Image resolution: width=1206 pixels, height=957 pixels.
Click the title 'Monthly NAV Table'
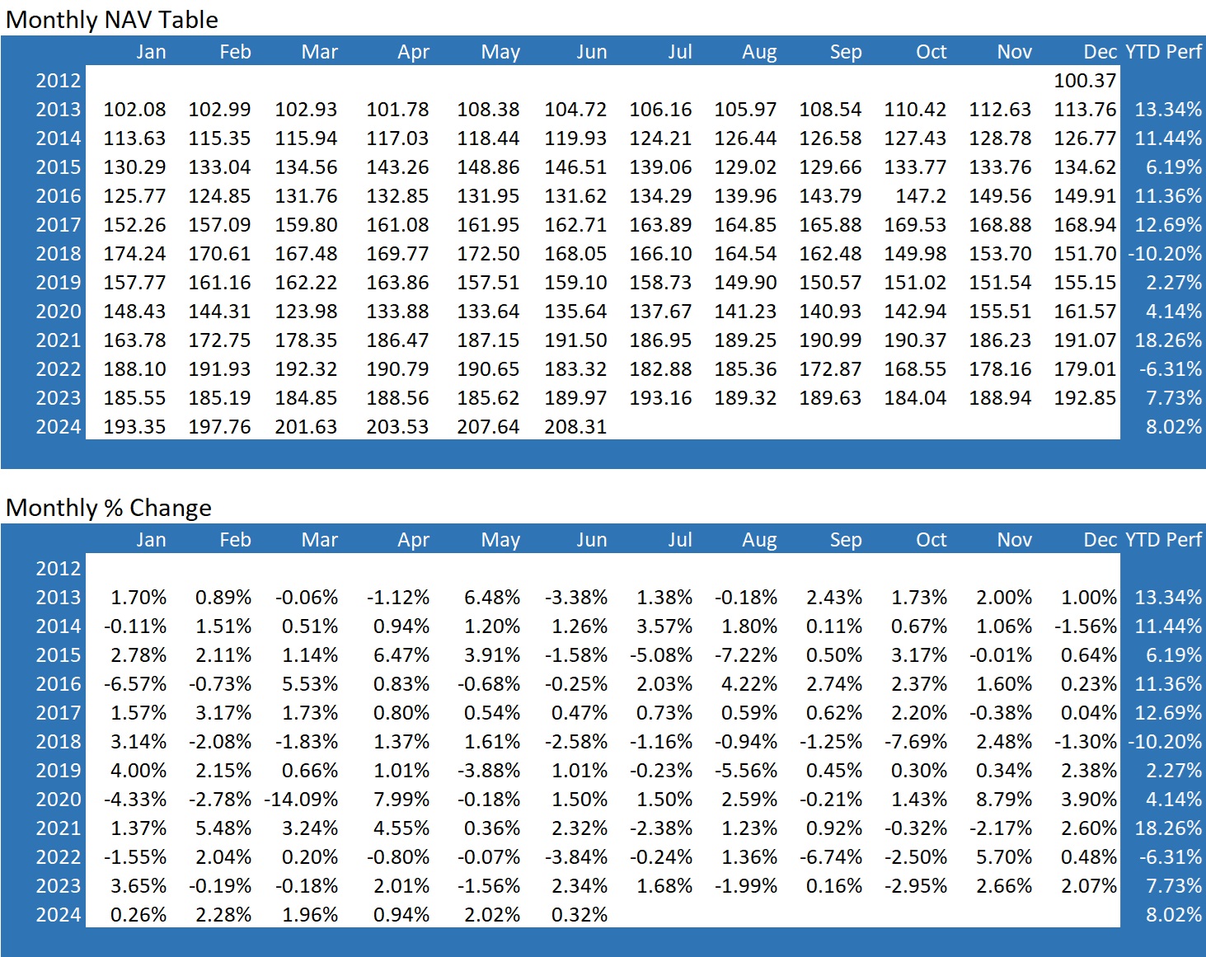(x=112, y=20)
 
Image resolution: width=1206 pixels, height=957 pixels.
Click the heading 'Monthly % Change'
(x=109, y=508)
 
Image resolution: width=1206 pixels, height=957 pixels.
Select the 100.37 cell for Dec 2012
(x=1085, y=81)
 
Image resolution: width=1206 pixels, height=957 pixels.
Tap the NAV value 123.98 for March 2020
(x=306, y=312)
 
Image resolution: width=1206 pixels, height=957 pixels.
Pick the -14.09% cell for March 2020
(x=301, y=800)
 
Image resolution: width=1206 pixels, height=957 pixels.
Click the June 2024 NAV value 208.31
(x=575, y=427)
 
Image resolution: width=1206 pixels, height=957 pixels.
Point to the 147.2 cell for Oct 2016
(x=921, y=196)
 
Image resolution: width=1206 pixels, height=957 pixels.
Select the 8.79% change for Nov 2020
(x=1004, y=800)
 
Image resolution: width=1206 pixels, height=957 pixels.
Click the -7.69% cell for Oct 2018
(x=916, y=742)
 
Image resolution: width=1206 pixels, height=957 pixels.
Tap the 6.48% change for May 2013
(x=492, y=598)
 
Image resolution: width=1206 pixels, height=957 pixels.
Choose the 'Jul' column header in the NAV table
(x=680, y=52)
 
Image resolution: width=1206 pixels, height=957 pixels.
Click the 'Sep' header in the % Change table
(x=846, y=540)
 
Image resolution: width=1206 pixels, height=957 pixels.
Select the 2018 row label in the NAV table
(x=59, y=254)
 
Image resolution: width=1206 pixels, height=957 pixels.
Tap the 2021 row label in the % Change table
(x=59, y=828)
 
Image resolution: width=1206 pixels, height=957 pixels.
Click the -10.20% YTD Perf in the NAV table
(x=1165, y=254)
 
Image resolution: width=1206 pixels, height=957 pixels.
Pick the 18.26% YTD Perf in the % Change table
(x=1168, y=828)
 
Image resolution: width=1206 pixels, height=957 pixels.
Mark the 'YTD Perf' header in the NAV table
(x=1164, y=52)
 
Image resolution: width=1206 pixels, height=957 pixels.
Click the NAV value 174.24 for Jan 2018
(x=134, y=254)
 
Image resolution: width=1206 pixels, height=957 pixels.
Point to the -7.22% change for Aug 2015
(x=746, y=655)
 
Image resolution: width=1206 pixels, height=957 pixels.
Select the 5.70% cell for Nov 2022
(x=1004, y=857)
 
